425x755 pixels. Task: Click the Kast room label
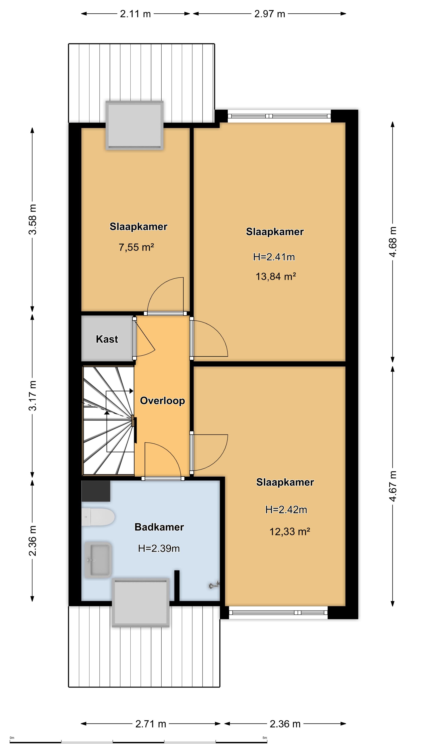point(107,339)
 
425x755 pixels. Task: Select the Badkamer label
point(159,527)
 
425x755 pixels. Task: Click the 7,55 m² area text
point(136,247)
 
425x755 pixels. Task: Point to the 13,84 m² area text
point(275,276)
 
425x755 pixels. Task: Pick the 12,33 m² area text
point(290,531)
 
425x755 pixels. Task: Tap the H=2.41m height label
point(274,257)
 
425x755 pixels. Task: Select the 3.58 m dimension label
point(32,220)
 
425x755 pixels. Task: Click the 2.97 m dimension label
point(270,14)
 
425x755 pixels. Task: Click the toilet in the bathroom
point(98,517)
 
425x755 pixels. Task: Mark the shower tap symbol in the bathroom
point(214,585)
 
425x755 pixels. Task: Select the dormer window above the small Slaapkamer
point(134,125)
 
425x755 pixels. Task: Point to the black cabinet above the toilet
point(96,491)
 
